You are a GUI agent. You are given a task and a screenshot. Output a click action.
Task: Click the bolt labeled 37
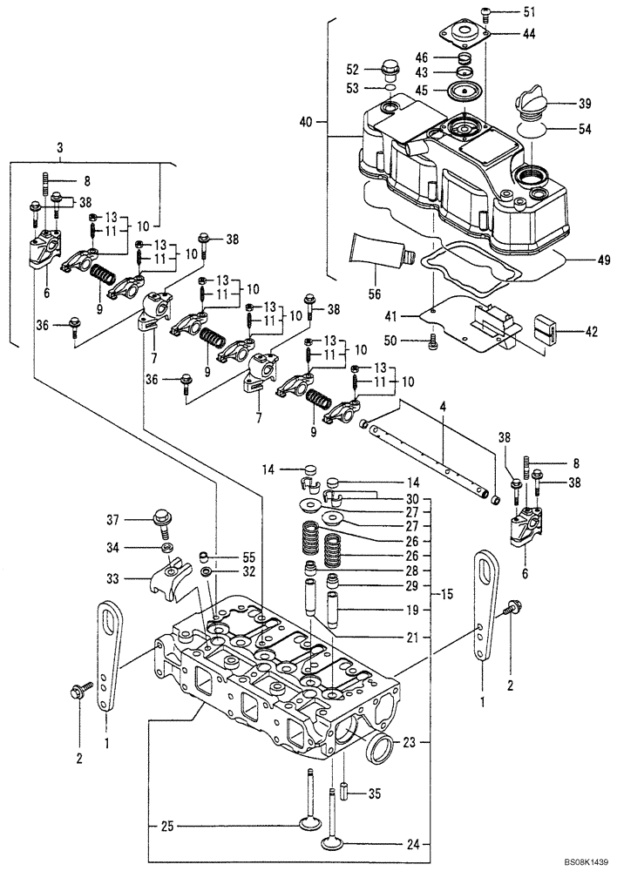point(162,522)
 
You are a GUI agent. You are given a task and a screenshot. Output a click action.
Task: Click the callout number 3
point(59,150)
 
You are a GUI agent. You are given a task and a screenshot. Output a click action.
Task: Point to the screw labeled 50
point(431,341)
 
